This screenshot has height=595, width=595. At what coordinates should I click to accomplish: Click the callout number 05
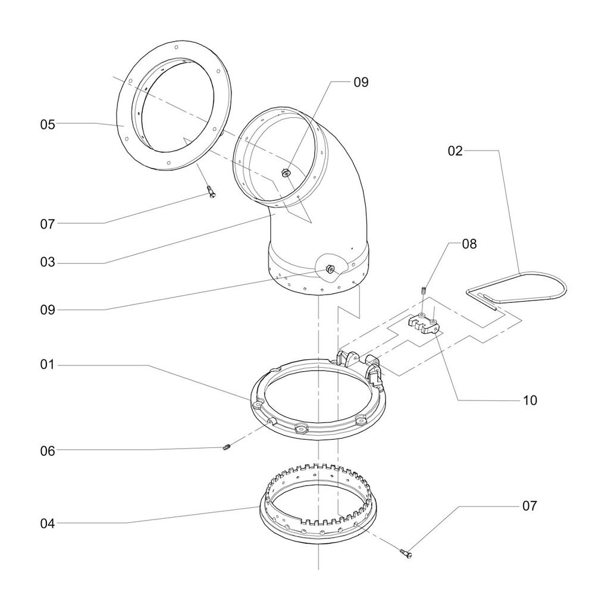[48, 124]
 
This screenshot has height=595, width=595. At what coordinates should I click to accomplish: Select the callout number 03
[48, 262]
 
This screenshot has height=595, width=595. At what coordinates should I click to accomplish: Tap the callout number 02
[455, 151]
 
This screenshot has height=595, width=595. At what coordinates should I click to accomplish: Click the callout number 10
[530, 400]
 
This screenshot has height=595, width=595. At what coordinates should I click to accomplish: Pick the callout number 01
[48, 364]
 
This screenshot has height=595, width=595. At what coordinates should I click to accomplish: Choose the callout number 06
[48, 451]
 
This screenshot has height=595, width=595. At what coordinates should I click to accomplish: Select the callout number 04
[48, 524]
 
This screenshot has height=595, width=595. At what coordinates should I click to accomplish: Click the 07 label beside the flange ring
[48, 224]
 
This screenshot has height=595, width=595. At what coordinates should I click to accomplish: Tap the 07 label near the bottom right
[530, 506]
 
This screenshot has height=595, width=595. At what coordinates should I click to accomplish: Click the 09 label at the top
[361, 83]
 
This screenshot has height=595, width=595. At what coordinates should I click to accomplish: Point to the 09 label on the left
[48, 310]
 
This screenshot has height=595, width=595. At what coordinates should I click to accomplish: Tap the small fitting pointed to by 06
[226, 447]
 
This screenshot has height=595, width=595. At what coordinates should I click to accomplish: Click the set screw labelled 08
[422, 291]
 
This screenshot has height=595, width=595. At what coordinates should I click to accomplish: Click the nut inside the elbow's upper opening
[285, 173]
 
